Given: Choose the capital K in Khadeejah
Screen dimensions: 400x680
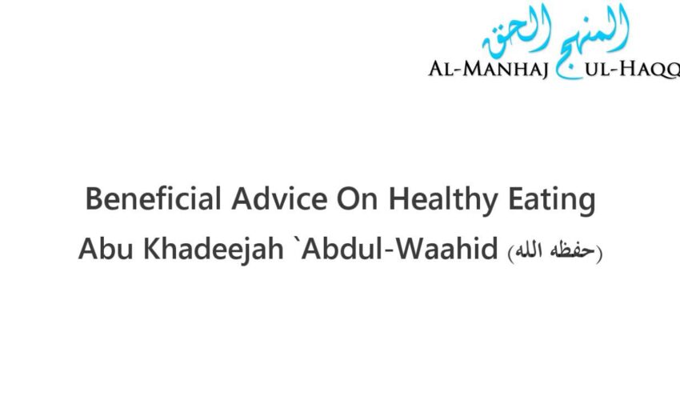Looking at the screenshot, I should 147,250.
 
